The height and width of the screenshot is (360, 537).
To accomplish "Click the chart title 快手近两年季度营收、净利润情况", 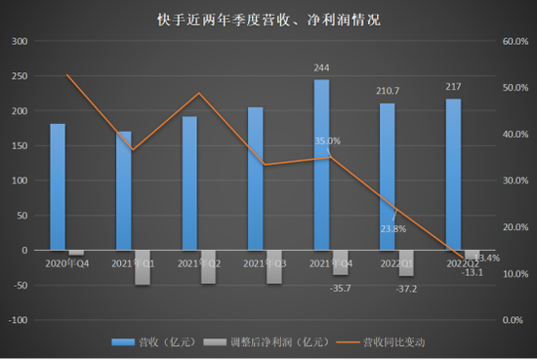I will coord(268,20).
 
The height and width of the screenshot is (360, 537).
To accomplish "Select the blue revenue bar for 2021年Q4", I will coord(321,165).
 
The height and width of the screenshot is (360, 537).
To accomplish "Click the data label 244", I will coord(321,68).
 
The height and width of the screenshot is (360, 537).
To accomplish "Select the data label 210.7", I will coord(388,92).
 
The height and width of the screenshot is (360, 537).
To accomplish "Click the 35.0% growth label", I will coord(328,141).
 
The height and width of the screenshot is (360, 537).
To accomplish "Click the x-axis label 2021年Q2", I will coord(200,262).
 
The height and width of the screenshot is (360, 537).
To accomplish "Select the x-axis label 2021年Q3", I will coord(266,262).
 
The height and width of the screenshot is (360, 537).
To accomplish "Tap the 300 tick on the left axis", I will coord(21,42).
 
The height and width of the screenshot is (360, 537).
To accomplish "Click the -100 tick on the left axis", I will coord(19,320).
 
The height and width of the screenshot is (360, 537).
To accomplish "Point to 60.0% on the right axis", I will coord(514,42).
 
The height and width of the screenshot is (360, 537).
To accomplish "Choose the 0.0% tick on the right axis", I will coord(516,320).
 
